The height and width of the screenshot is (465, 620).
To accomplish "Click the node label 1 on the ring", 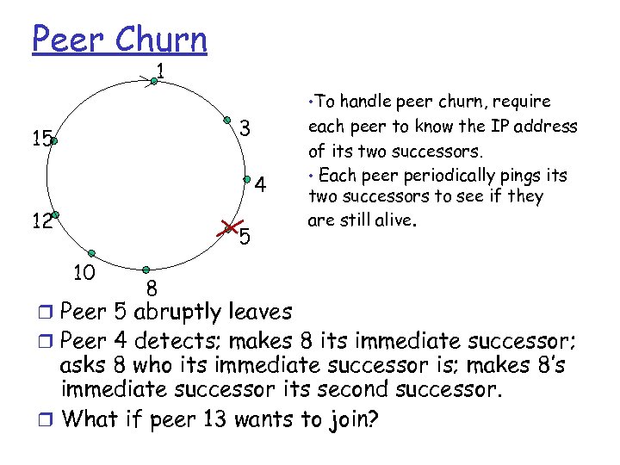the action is pyautogui.click(x=161, y=68).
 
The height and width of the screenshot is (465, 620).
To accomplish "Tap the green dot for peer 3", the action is pyautogui.click(x=226, y=120).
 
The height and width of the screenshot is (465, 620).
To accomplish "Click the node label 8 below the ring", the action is pyautogui.click(x=150, y=288).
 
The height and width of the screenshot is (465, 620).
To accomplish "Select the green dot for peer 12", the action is pyautogui.click(x=54, y=214).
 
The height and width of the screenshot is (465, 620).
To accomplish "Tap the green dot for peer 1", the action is pyautogui.click(x=152, y=81).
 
